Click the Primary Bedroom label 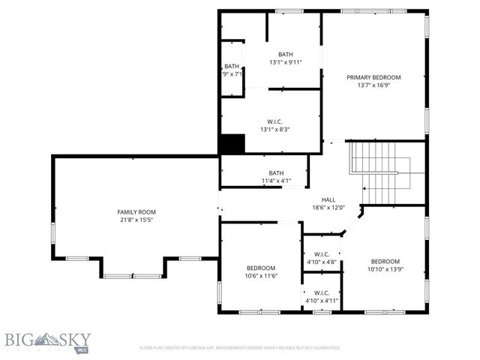373,77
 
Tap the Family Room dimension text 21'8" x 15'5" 136,220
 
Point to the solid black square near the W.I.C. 232,144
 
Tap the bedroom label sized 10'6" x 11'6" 261,268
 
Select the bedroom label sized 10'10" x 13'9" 385,261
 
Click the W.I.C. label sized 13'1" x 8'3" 274,121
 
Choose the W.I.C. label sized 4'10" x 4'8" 321,254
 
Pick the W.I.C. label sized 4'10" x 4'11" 321,292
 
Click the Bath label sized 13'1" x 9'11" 285,54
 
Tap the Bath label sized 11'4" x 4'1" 276,172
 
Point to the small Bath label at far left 232,66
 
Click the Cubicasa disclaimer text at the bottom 240,348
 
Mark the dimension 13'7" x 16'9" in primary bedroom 373,85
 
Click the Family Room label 136,212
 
